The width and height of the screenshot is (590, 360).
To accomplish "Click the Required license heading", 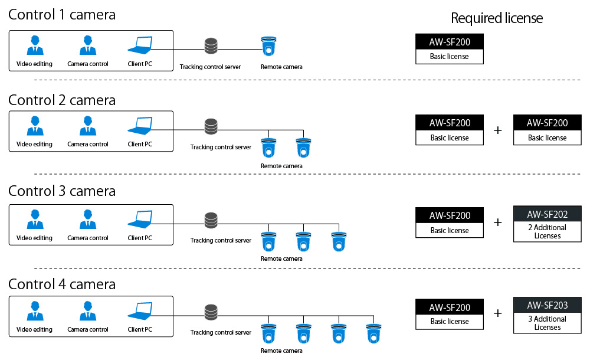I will tap(497, 18).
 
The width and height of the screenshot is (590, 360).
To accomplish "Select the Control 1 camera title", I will tap(62, 15).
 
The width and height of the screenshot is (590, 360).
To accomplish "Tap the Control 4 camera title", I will tap(62, 284).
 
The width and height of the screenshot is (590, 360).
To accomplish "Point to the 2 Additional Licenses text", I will tap(547, 232).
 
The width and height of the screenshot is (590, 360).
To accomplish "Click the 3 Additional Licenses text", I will tap(547, 323).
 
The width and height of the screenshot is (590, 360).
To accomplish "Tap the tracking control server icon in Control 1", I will tap(210, 46).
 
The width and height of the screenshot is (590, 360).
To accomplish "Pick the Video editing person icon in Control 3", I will tap(34, 221).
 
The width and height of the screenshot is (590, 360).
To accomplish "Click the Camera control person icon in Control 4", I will tap(88, 312).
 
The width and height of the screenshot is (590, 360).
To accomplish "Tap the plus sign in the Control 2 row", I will tap(498, 130).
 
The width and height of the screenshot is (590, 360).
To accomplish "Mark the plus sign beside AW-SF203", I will tap(498, 313).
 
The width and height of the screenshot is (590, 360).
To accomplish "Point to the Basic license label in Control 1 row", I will tap(450, 57).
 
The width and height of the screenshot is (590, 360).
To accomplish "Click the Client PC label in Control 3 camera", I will tap(140, 238).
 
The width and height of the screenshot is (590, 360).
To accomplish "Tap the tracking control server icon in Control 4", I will tap(210, 311).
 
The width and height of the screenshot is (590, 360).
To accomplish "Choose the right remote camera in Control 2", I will tap(303, 148).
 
